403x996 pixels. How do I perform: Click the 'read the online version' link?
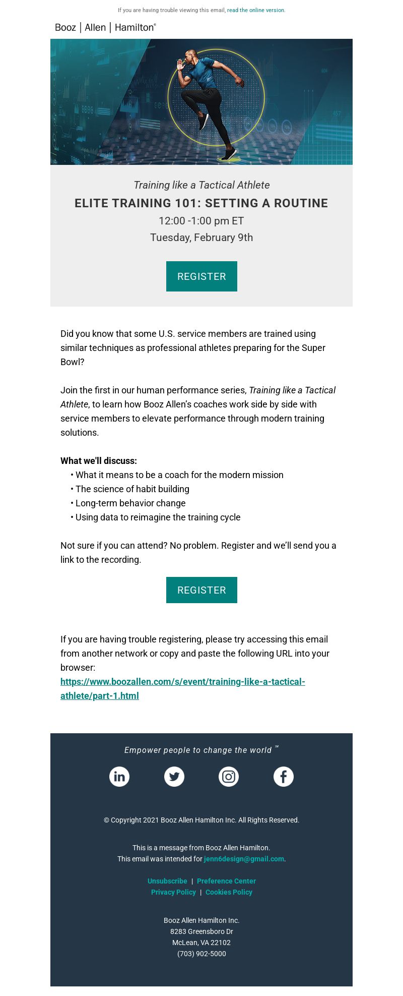(x=255, y=10)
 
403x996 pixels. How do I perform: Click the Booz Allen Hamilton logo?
(x=105, y=28)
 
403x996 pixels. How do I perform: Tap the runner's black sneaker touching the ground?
(x=229, y=154)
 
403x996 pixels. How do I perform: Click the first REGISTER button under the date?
(x=201, y=276)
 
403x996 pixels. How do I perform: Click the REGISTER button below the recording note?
(x=201, y=590)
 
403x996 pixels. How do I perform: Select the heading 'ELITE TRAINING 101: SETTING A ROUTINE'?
(x=201, y=203)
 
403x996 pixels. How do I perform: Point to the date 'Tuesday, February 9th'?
(x=201, y=238)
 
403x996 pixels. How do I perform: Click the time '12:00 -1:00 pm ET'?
(x=201, y=221)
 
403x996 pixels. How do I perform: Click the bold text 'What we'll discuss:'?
(x=99, y=461)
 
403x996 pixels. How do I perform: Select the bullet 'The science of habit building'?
(x=132, y=489)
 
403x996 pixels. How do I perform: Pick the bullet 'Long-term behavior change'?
(x=130, y=503)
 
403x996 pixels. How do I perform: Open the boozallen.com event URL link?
(x=182, y=682)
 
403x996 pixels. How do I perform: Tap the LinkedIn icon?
(x=119, y=777)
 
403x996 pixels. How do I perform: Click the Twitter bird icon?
(x=174, y=777)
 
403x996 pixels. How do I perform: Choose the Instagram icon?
(x=229, y=777)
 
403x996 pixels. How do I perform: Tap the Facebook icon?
(x=284, y=777)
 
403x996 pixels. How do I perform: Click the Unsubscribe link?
(x=167, y=881)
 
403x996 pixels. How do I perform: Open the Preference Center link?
(x=226, y=881)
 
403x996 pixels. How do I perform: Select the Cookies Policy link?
(x=229, y=892)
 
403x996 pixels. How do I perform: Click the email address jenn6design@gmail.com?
(x=244, y=859)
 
